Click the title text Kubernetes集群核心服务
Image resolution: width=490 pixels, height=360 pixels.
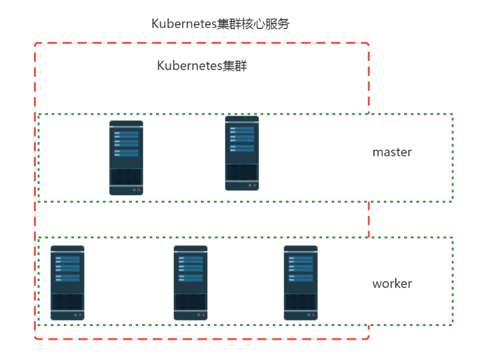pyautogui.click(x=220, y=23)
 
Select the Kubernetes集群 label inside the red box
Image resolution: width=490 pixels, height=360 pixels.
pyautogui.click(x=201, y=66)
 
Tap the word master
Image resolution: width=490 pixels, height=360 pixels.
pyautogui.click(x=392, y=152)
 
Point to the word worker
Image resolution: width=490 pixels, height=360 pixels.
pyautogui.click(x=392, y=284)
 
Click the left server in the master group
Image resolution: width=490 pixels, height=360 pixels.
pyautogui.click(x=126, y=158)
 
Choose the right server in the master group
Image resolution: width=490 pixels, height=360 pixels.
pyautogui.click(x=242, y=153)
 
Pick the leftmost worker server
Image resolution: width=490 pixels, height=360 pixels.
pyautogui.click(x=68, y=283)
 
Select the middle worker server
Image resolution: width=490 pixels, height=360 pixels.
pyautogui.click(x=191, y=283)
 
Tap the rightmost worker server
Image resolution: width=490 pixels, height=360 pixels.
pyautogui.click(x=301, y=283)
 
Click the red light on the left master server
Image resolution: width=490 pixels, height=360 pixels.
pyautogui.click(x=139, y=190)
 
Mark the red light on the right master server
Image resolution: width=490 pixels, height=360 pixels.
pyautogui.click(x=254, y=186)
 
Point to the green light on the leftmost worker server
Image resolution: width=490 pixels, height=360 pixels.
pyautogui.click(x=75, y=315)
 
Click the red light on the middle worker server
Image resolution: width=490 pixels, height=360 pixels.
pyautogui.click(x=203, y=315)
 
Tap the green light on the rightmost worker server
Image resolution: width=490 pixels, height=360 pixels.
pyautogui.click(x=308, y=315)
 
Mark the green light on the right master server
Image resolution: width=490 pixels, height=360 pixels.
pyautogui.click(x=249, y=186)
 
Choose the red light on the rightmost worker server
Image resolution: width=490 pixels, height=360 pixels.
pyautogui.click(x=313, y=315)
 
